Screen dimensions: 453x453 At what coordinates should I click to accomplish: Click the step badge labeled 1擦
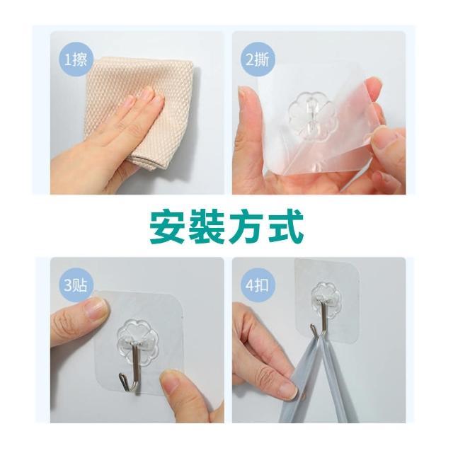point(75,59)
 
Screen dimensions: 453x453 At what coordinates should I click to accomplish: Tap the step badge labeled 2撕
point(258,59)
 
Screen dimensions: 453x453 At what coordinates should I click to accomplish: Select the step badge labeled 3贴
point(75,285)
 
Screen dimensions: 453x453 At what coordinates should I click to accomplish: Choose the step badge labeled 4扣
point(258,285)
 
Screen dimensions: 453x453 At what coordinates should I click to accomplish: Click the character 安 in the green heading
point(168,226)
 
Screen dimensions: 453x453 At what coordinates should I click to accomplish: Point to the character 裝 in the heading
point(207,226)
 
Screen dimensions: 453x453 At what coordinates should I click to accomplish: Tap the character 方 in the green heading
point(246,226)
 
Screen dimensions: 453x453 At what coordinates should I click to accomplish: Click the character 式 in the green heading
point(285,226)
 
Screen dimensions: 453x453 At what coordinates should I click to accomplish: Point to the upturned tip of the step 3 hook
point(120,376)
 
